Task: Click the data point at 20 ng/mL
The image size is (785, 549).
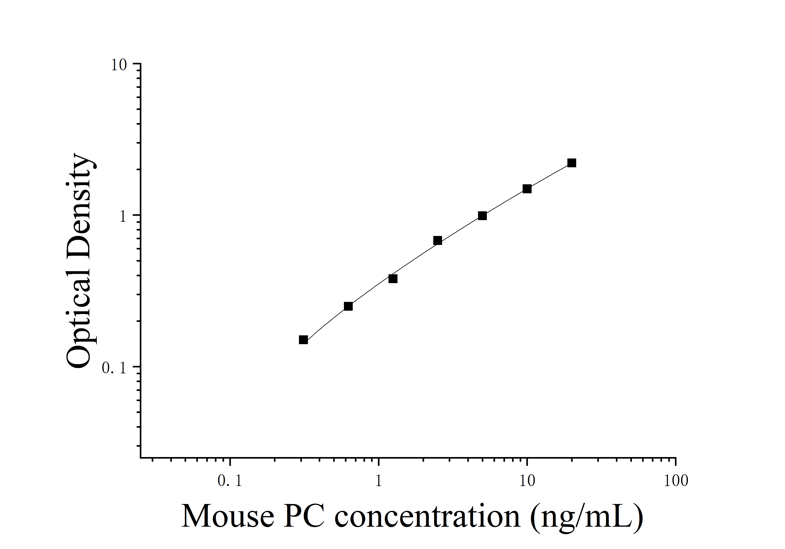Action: click(572, 163)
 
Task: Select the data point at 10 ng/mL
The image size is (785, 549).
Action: click(527, 189)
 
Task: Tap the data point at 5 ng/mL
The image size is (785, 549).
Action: click(482, 215)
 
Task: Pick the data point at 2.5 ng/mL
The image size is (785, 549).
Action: click(438, 240)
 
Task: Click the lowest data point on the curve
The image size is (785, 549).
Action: click(303, 340)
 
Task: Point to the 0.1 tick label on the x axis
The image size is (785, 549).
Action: click(230, 481)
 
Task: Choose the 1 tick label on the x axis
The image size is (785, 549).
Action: click(379, 481)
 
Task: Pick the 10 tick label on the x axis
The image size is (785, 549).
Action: click(527, 481)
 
